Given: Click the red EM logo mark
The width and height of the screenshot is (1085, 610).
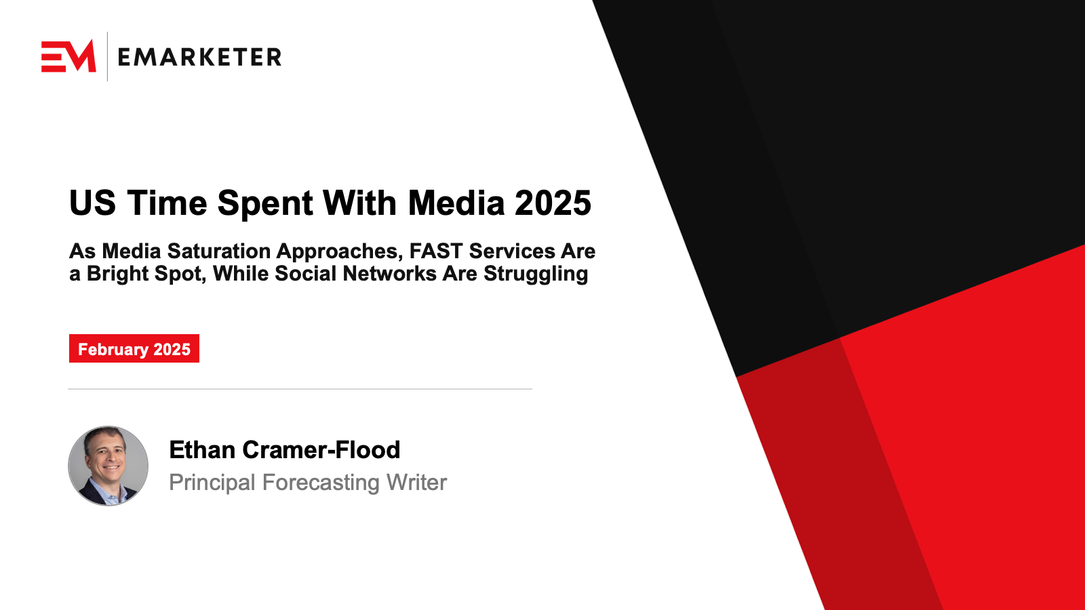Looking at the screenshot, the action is [68, 56].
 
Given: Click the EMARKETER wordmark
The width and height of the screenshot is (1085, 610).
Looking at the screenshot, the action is [199, 57].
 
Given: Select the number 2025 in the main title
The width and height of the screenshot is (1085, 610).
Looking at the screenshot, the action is [553, 203].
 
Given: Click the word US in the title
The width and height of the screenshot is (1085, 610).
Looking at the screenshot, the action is [92, 203].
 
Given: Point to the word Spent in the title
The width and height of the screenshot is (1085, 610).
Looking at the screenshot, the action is [264, 203].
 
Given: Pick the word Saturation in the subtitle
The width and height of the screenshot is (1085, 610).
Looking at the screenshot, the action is [219, 251].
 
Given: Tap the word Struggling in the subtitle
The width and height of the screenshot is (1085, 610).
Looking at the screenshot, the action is [536, 274].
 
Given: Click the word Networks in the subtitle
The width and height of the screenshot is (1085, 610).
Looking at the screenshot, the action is [390, 274].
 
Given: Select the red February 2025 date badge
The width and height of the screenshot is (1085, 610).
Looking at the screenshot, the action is [134, 348].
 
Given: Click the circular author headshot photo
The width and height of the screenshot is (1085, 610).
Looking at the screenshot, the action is [108, 466].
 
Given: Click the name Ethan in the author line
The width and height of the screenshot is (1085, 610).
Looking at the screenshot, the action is [203, 450].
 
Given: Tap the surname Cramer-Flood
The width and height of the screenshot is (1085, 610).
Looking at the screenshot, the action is [321, 450].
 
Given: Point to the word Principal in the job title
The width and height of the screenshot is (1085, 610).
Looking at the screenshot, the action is [212, 483].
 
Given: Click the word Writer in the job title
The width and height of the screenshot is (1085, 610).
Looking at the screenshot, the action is [416, 482].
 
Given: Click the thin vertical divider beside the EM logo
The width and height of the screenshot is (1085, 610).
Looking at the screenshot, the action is [108, 56].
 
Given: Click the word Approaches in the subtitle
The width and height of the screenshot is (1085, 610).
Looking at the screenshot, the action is [340, 251].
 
